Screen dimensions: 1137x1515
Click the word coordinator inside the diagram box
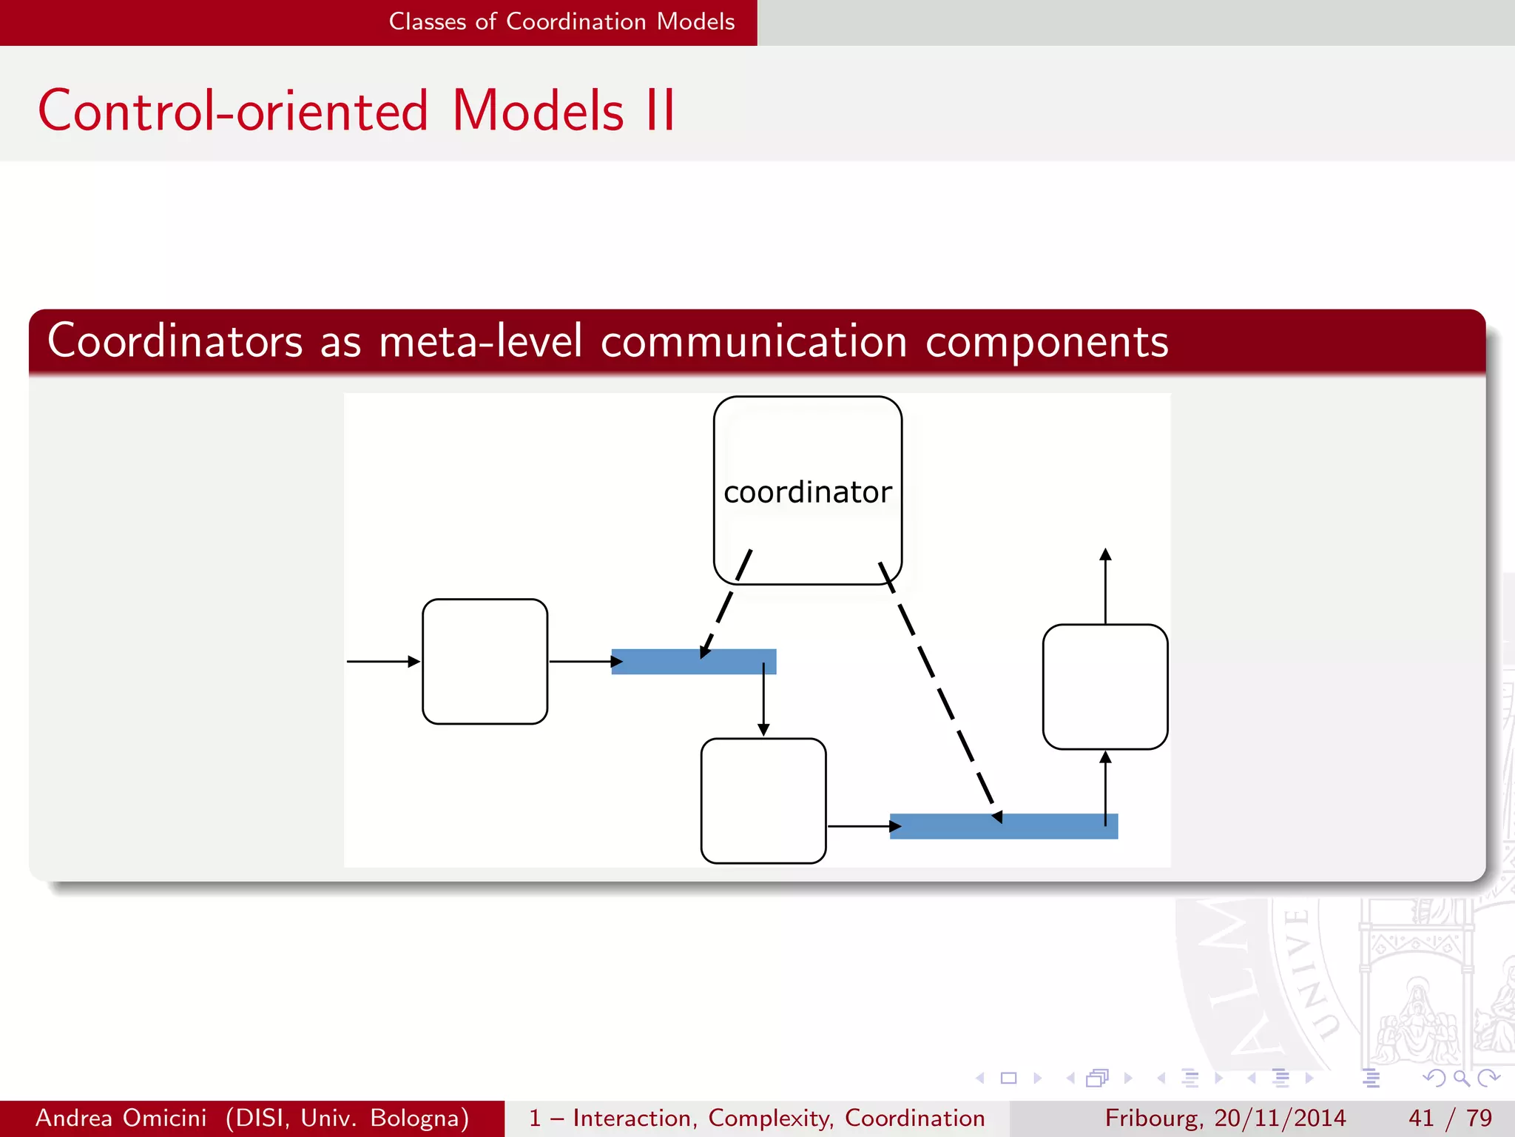click(x=807, y=492)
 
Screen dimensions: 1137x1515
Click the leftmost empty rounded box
click(x=485, y=661)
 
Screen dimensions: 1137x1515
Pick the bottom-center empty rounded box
click(x=763, y=800)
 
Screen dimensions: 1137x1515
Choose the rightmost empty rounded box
click(x=1104, y=686)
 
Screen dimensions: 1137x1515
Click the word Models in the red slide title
click(x=538, y=111)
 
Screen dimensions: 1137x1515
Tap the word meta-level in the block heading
click(x=481, y=341)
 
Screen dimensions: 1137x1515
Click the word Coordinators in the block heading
click(x=175, y=341)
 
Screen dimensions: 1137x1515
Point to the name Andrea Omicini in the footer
click(x=121, y=1118)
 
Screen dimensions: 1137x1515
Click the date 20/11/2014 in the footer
click(x=1280, y=1118)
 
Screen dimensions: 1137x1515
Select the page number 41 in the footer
click(x=1421, y=1118)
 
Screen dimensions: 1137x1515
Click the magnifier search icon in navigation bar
click(x=1461, y=1079)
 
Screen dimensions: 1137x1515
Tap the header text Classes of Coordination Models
click(x=561, y=21)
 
